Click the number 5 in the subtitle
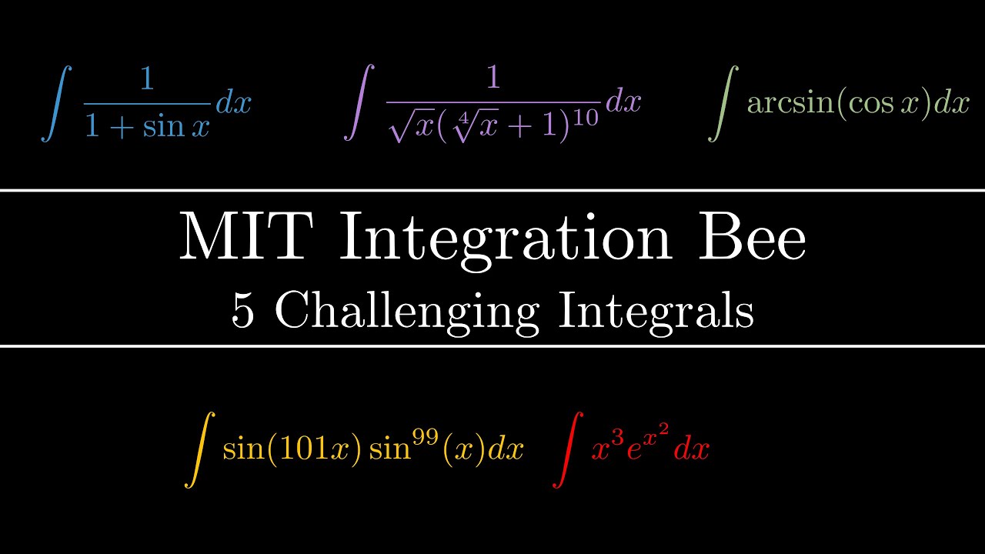[x=243, y=312]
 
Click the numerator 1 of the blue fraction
[x=146, y=80]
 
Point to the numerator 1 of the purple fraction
[x=492, y=80]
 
